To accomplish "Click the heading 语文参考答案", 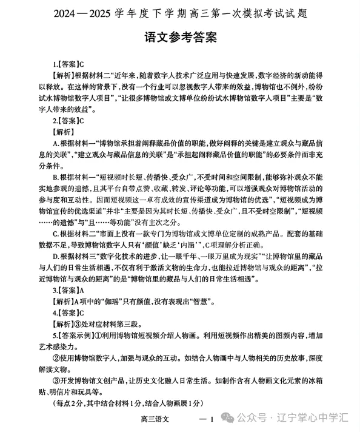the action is click(180, 37).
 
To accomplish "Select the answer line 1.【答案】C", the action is click(68, 62).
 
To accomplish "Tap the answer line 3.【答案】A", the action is click(68, 291).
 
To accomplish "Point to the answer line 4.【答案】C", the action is click(68, 313).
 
